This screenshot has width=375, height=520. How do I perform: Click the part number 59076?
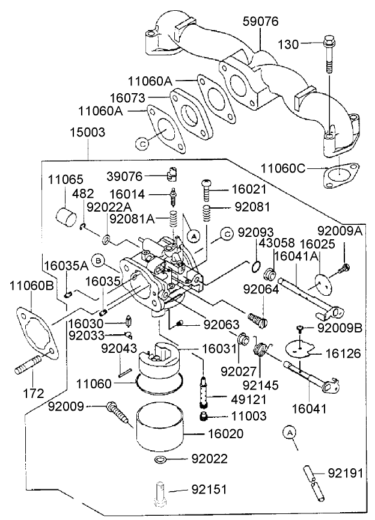(260, 22)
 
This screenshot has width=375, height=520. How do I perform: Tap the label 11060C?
(284, 168)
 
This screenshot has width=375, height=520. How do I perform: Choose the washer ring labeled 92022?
(160, 460)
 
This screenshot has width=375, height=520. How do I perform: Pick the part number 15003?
(88, 132)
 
